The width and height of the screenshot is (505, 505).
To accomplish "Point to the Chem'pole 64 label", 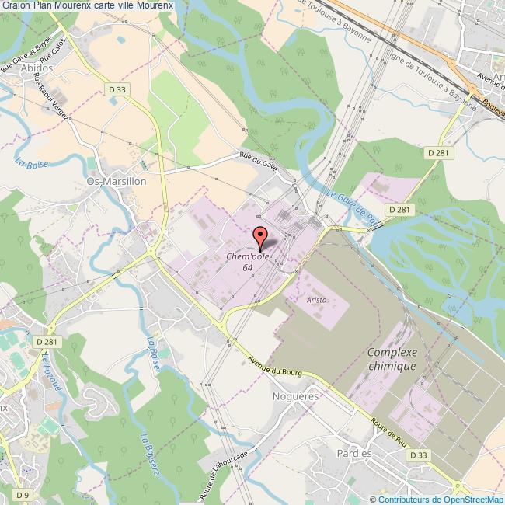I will [246, 262].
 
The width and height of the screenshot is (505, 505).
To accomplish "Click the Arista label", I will [315, 299].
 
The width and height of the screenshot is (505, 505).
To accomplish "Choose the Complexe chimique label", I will [392, 358].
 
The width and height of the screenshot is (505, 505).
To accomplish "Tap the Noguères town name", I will [291, 396].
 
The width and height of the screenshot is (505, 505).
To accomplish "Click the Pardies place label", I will [355, 452].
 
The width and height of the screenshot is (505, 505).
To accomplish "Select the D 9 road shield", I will [24, 494].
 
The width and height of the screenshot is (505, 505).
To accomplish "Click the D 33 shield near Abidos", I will [117, 90].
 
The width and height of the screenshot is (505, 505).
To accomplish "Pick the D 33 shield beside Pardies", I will [418, 454].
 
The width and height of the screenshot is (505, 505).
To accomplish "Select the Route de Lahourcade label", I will [223, 474].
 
